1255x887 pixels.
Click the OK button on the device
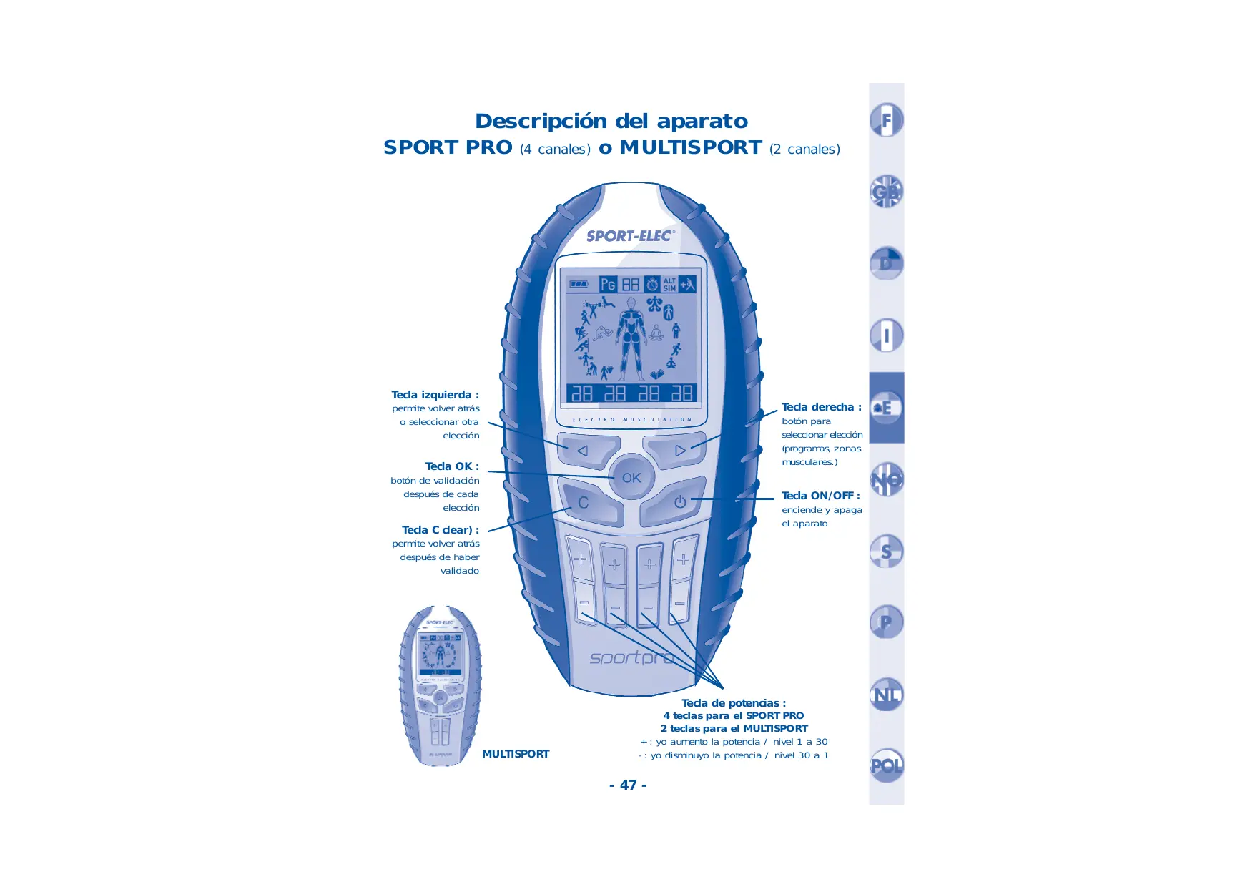(631, 478)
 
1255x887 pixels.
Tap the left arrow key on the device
(584, 451)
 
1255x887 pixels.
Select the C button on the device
(584, 503)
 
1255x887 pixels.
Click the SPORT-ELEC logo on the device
(630, 236)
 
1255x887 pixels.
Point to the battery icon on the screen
(579, 285)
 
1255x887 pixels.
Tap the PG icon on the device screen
(608, 285)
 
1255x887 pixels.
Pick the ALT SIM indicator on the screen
(669, 285)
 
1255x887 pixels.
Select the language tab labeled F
(887, 120)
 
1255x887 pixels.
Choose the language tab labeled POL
(887, 765)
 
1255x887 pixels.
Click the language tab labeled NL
(887, 695)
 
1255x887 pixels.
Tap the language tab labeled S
(887, 552)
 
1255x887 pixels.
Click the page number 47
(628, 785)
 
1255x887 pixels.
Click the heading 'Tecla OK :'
(452, 466)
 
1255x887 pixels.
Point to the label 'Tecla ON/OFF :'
(820, 496)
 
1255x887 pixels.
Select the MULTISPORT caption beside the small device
(516, 754)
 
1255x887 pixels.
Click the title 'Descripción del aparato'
(611, 121)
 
